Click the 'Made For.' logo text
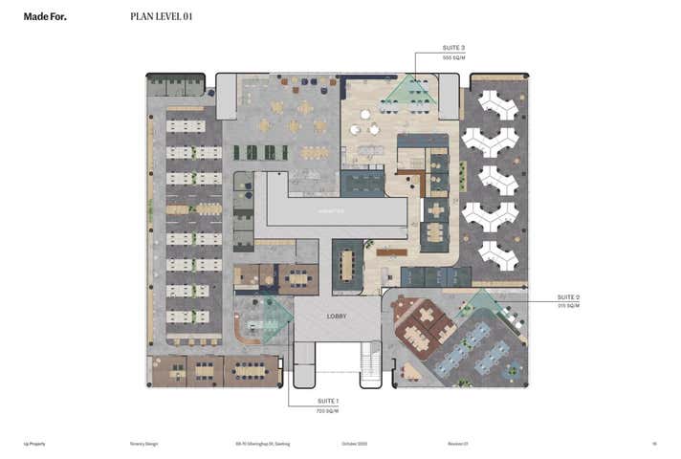coord(45,16)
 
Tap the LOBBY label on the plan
coord(338,316)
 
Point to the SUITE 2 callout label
coord(568,297)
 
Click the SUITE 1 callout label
coord(328,402)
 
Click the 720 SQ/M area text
coord(328,410)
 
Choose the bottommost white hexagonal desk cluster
coord(497,253)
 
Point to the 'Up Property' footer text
coord(34,444)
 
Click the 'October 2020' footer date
coord(354,444)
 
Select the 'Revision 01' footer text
coord(458,444)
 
